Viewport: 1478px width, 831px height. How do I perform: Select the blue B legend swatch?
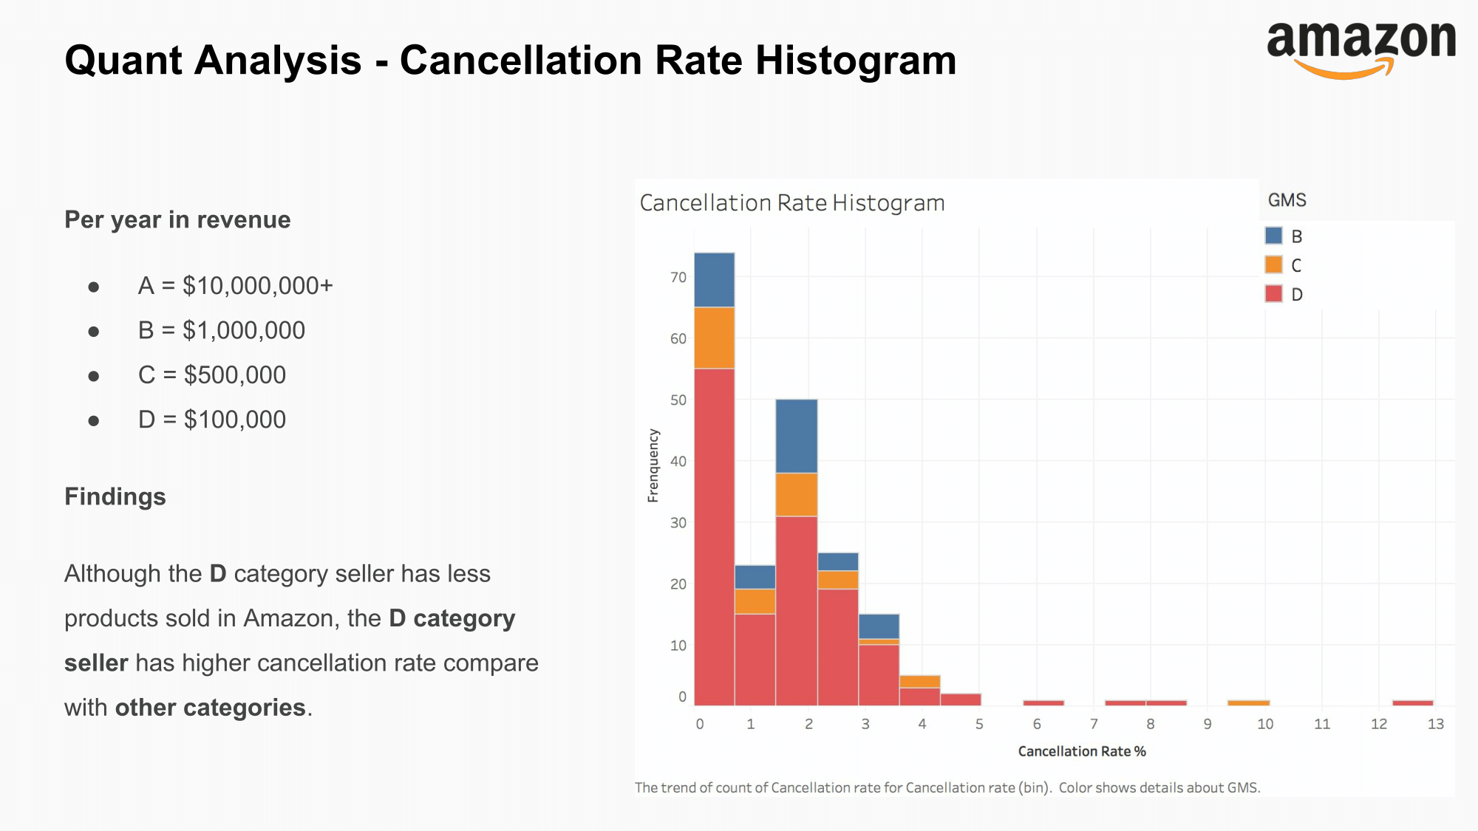[x=1273, y=236]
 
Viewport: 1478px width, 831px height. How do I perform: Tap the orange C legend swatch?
[x=1273, y=264]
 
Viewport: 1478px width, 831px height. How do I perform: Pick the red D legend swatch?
[x=1273, y=293]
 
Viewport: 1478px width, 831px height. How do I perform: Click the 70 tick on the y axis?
[x=678, y=277]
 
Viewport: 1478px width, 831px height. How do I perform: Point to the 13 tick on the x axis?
[x=1435, y=724]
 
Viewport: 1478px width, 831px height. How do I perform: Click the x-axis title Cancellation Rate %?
[x=1081, y=751]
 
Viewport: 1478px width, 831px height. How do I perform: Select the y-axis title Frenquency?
[x=653, y=465]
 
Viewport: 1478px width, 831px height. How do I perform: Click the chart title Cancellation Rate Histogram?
[x=791, y=202]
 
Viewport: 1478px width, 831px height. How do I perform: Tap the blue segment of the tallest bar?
[x=714, y=279]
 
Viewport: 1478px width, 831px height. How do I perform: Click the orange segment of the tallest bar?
[x=714, y=338]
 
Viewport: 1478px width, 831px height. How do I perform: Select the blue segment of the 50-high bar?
[x=796, y=436]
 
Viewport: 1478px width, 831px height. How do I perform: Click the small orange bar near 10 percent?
[x=1248, y=702]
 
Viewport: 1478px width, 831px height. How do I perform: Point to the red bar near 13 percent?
[x=1412, y=702]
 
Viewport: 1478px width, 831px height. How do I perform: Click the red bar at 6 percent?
[x=1043, y=702]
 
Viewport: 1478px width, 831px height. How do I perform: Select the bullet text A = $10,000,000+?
[x=235, y=286]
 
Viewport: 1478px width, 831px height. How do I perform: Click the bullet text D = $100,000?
[x=211, y=420]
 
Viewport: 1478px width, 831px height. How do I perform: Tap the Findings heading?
[x=115, y=496]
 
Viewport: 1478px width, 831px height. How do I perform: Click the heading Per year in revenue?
[x=177, y=219]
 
